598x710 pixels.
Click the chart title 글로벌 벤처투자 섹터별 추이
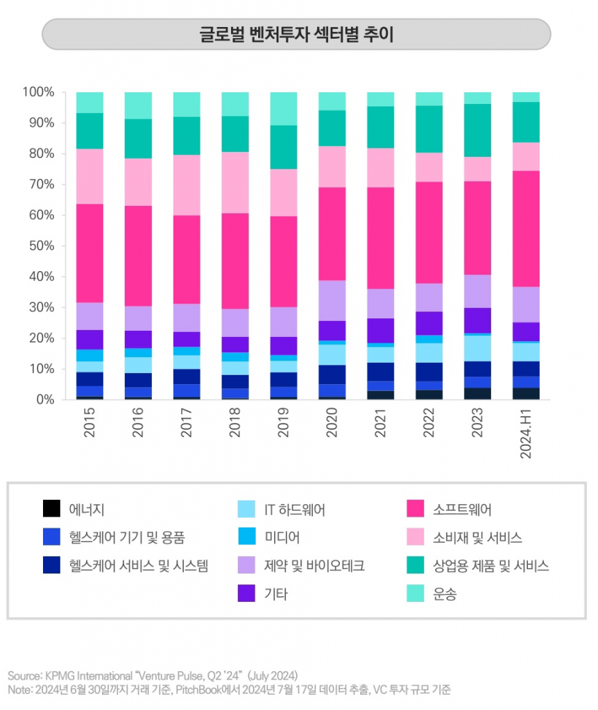point(296,34)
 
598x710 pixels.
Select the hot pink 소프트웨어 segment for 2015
point(89,253)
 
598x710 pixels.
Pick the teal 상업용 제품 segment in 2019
point(283,147)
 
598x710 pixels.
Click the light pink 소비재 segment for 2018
point(234,182)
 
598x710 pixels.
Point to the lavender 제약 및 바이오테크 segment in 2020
point(332,300)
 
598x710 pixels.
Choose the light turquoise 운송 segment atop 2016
point(138,105)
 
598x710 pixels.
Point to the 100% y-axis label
point(37,92)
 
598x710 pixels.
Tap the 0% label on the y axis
point(43,400)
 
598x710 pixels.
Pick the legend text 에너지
point(87,510)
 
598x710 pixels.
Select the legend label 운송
point(445,594)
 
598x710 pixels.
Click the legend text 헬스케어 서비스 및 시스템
point(138,566)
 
